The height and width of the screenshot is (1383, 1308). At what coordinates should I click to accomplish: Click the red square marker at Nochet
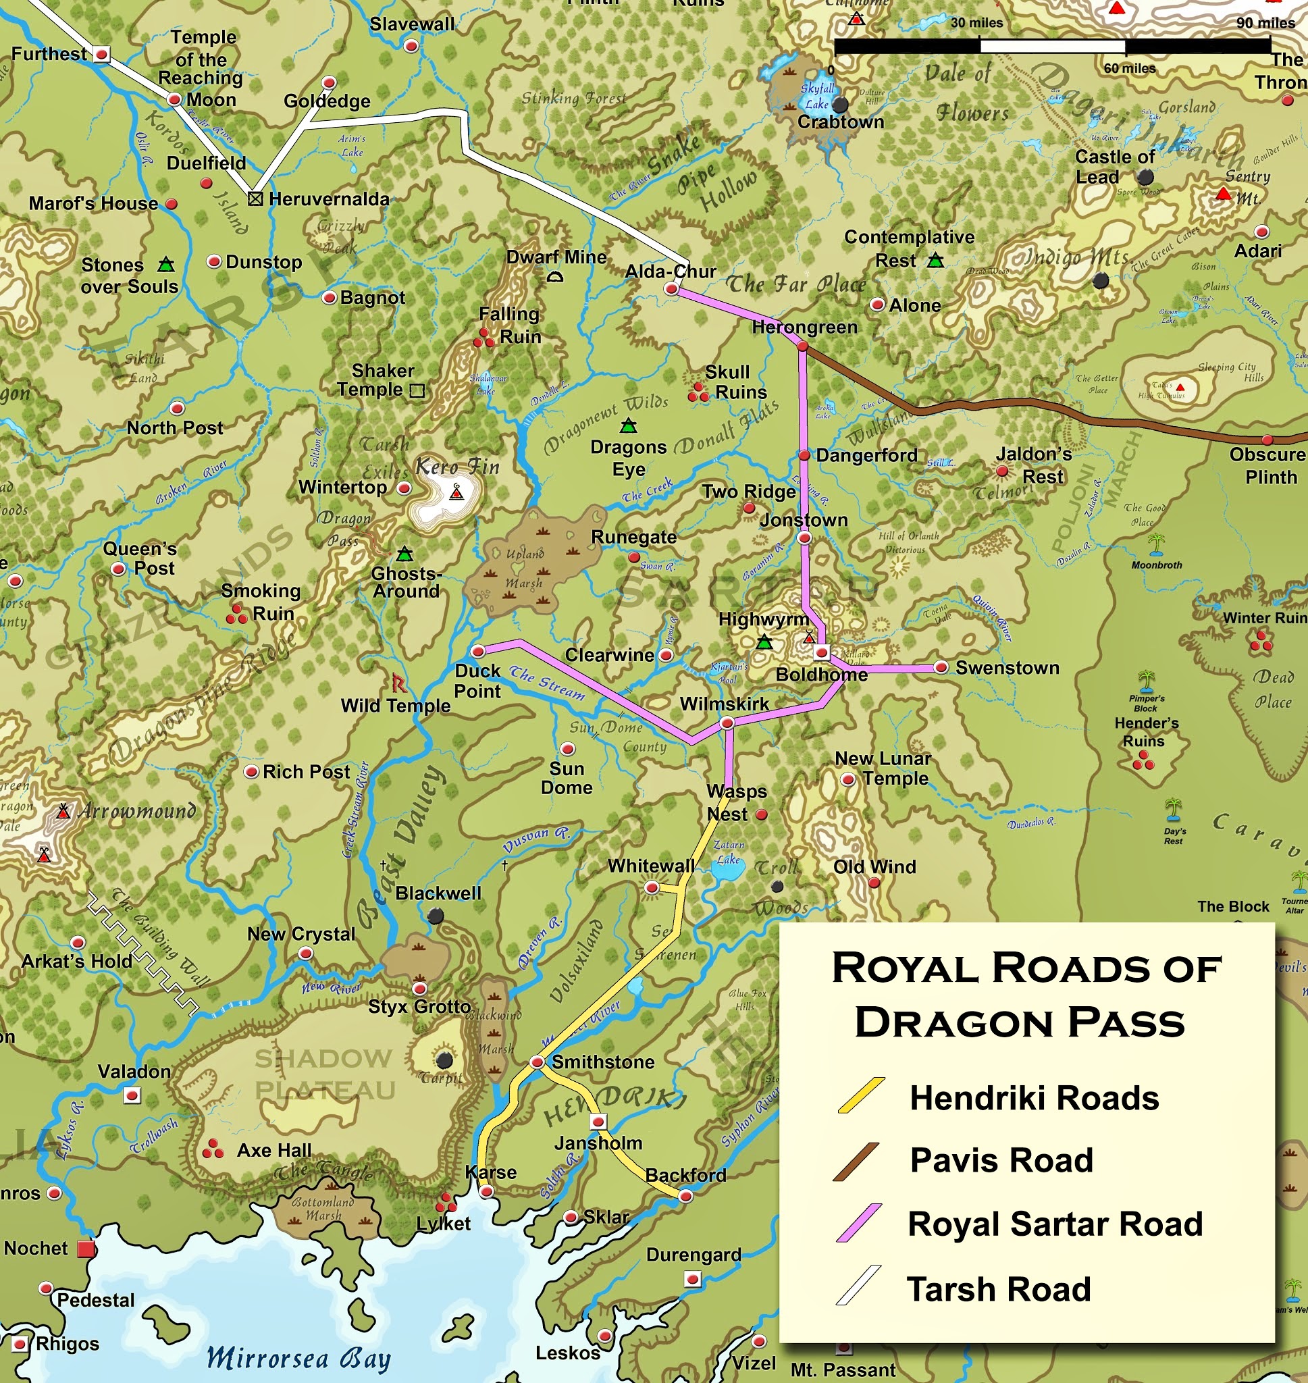point(86,1249)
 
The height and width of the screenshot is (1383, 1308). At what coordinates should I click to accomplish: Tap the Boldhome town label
point(821,675)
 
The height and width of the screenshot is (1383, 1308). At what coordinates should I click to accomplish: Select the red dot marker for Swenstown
point(941,667)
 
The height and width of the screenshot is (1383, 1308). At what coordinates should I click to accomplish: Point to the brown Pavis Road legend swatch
point(856,1162)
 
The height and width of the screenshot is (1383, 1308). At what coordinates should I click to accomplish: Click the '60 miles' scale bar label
point(1129,68)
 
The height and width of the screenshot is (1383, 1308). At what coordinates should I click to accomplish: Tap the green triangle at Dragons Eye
point(629,425)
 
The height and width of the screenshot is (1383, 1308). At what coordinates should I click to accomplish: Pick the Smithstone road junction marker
point(536,1062)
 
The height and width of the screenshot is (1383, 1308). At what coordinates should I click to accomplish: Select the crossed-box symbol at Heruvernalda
point(256,199)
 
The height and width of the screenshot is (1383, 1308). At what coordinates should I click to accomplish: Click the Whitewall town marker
point(651,887)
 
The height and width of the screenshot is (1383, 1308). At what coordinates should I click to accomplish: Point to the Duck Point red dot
point(478,651)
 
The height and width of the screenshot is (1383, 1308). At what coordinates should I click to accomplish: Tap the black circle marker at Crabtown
point(840,105)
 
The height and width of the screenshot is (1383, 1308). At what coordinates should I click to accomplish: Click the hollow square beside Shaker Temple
point(417,390)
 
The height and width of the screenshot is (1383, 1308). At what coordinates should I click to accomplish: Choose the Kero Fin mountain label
point(457,467)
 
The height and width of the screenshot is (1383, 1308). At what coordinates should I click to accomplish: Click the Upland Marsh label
point(524,567)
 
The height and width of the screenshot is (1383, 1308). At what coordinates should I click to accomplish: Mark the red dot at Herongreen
point(802,346)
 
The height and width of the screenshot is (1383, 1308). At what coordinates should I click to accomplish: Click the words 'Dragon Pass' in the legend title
point(1020,1023)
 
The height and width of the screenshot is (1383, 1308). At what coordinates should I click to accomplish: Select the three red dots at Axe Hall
point(213,1149)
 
